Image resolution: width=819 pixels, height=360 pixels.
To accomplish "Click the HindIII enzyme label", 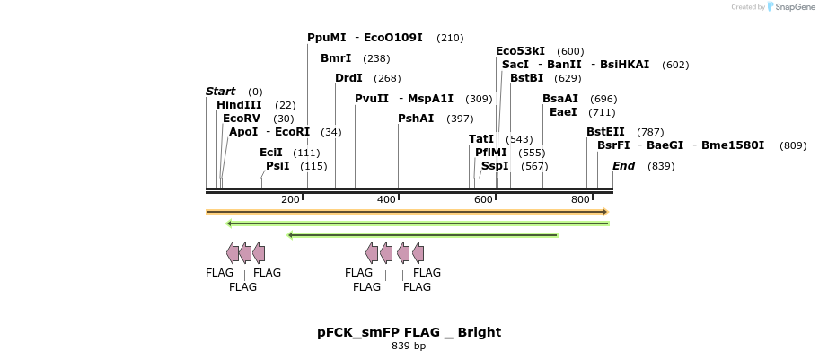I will tap(239, 105).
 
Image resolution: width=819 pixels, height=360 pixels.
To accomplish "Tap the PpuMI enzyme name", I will tap(326, 38).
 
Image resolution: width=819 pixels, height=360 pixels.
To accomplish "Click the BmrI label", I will tap(336, 58).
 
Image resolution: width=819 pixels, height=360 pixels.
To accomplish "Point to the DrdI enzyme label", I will tap(348, 78).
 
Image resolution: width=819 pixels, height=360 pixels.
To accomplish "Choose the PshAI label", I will tap(416, 119).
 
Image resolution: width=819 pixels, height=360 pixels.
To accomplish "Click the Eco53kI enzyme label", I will tap(520, 51).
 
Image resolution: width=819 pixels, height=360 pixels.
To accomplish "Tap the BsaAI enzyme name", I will tap(560, 99).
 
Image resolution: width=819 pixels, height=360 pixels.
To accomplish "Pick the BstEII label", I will tap(605, 132).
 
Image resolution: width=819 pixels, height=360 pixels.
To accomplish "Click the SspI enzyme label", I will tap(495, 166).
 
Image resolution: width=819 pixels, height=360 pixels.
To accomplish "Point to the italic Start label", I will tap(220, 92).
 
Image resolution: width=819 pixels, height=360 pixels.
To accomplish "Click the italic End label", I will tap(623, 166).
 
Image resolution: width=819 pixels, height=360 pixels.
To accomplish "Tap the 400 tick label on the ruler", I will tap(387, 199).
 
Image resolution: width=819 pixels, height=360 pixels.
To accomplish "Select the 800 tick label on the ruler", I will tap(580, 199).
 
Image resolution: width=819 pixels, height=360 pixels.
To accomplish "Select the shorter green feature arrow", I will tap(422, 235).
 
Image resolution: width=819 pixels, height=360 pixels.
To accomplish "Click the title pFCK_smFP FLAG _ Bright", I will tap(409, 332).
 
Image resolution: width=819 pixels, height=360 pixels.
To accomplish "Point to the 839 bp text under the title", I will tap(409, 346).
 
